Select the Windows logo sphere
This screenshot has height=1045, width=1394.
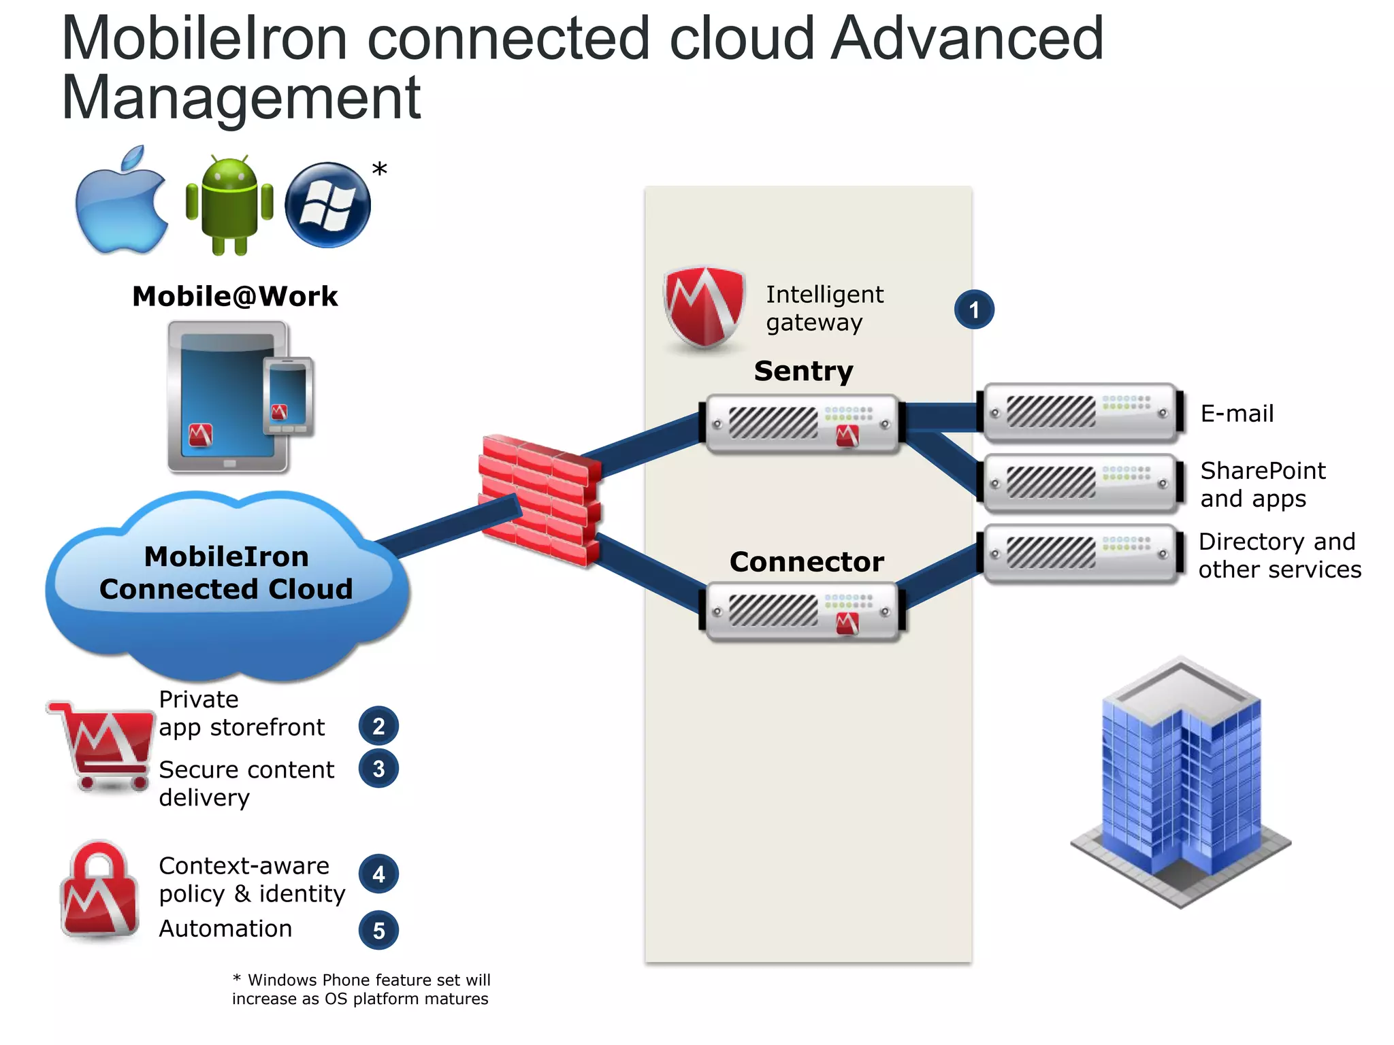click(327, 205)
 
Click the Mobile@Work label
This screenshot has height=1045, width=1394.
click(235, 297)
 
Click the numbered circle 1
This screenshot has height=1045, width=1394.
click(973, 310)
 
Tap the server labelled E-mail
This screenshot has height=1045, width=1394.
click(1080, 412)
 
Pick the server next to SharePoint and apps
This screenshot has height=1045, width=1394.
click(1080, 483)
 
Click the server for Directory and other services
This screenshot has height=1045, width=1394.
click(1080, 553)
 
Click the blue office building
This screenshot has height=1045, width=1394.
click(1181, 782)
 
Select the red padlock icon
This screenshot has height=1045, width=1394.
click(101, 891)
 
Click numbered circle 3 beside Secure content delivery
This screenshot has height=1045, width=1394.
click(378, 769)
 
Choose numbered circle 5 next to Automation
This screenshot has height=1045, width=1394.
click(378, 931)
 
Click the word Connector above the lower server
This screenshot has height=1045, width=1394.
click(807, 562)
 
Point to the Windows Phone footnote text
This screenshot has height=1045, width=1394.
click(361, 989)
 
